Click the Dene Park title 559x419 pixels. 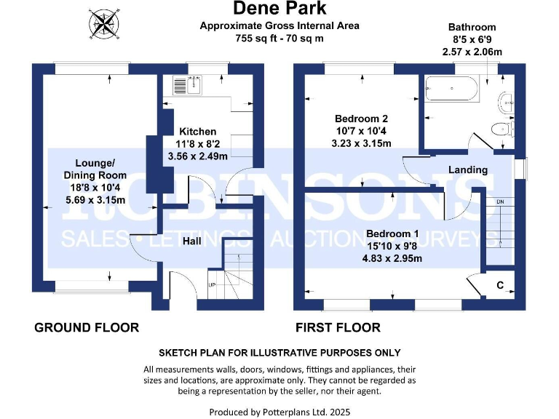coord(279,9)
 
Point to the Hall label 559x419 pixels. coord(192,241)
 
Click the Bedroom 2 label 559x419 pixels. coord(361,119)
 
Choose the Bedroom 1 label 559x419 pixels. coord(392,234)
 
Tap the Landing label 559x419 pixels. coord(467,169)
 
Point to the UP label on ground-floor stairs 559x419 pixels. coord(212,285)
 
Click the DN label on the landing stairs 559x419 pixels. coord(500,201)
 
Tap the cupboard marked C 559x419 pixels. coord(500,285)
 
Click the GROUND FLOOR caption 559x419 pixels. coord(87,328)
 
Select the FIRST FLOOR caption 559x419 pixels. coord(338,328)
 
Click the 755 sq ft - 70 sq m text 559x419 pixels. coord(279,38)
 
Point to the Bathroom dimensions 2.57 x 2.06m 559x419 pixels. coord(472,52)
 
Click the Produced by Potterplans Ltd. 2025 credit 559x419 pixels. coord(279,412)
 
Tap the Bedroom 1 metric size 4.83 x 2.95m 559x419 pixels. coord(392,258)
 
